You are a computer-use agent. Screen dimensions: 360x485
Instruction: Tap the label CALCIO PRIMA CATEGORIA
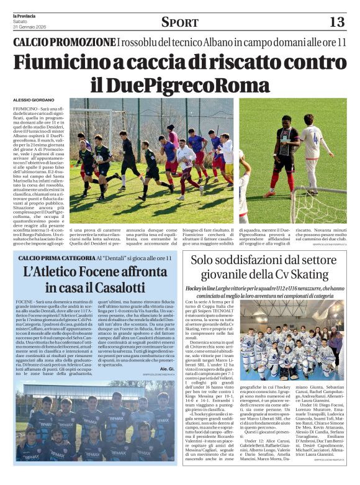55,258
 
